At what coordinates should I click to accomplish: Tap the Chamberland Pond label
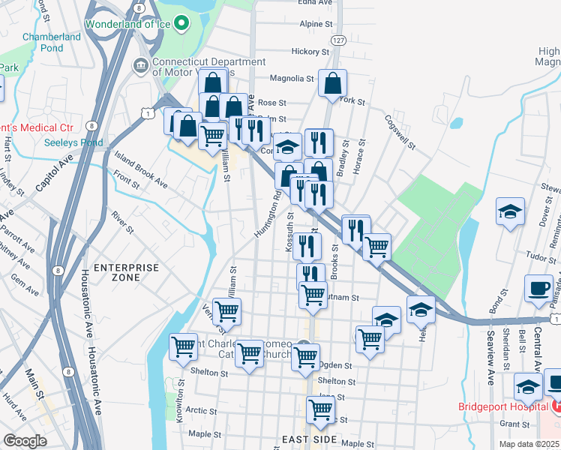52,42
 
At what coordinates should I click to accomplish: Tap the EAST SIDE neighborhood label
306,439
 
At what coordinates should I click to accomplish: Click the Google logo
25,441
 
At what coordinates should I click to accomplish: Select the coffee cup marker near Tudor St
538,289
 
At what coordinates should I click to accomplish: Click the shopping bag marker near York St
332,84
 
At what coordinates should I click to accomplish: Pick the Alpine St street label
316,25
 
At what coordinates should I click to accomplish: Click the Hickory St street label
310,52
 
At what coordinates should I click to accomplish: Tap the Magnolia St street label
292,79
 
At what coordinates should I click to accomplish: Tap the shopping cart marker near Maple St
320,410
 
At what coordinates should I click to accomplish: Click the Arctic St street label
201,410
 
